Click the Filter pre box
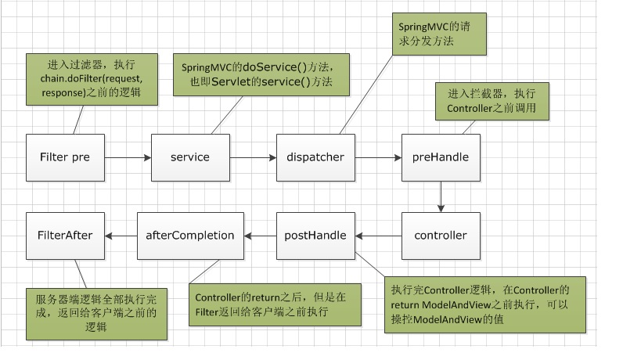coord(65,157)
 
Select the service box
coord(190,157)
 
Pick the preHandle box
coord(441,157)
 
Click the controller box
coord(441,236)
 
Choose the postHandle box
coord(315,236)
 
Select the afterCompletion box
coord(191,236)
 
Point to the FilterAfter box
coord(65,236)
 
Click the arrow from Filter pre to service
coord(128,157)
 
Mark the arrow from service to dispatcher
coord(253,157)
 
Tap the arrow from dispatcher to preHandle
coord(378,157)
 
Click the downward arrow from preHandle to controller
coord(441,196)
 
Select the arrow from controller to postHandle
coord(378,236)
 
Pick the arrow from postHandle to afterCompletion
coord(261,236)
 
